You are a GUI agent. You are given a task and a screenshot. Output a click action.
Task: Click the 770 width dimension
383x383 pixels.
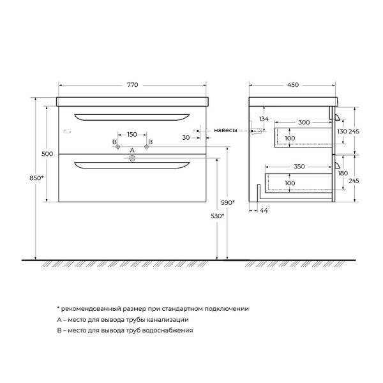coord(132,84)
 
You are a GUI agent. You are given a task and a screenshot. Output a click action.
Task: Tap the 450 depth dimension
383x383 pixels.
coord(292,84)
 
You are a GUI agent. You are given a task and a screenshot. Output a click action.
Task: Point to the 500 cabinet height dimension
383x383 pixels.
coord(46,154)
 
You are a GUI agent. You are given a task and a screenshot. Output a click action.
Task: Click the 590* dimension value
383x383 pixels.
coord(228,202)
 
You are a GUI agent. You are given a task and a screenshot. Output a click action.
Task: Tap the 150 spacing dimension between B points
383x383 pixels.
coord(132,134)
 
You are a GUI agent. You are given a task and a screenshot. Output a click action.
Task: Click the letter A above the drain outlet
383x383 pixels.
coord(132,151)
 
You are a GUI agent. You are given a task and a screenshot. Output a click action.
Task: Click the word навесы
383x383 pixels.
coord(225,130)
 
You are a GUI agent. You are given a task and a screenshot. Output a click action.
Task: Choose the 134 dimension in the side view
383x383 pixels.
coord(264,119)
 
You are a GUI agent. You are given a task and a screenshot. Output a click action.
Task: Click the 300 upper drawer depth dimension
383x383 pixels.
coord(303,122)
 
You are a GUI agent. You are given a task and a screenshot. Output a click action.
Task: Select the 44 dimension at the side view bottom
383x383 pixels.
coord(264,210)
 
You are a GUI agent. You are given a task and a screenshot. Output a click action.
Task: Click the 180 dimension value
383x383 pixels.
coord(342,173)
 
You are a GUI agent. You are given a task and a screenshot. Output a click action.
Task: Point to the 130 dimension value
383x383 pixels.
coord(342,131)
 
